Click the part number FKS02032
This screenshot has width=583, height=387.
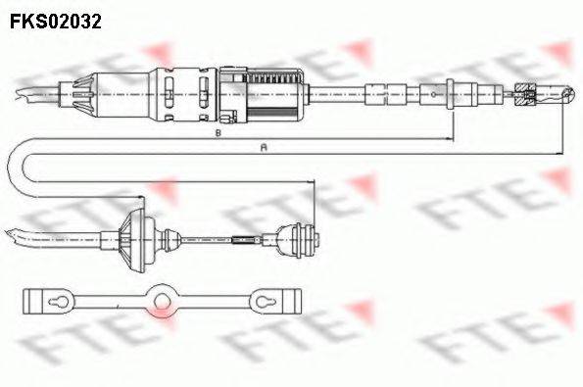[56, 20]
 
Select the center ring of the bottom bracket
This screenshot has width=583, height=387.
[160, 297]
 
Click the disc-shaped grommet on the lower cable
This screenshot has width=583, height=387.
[132, 239]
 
